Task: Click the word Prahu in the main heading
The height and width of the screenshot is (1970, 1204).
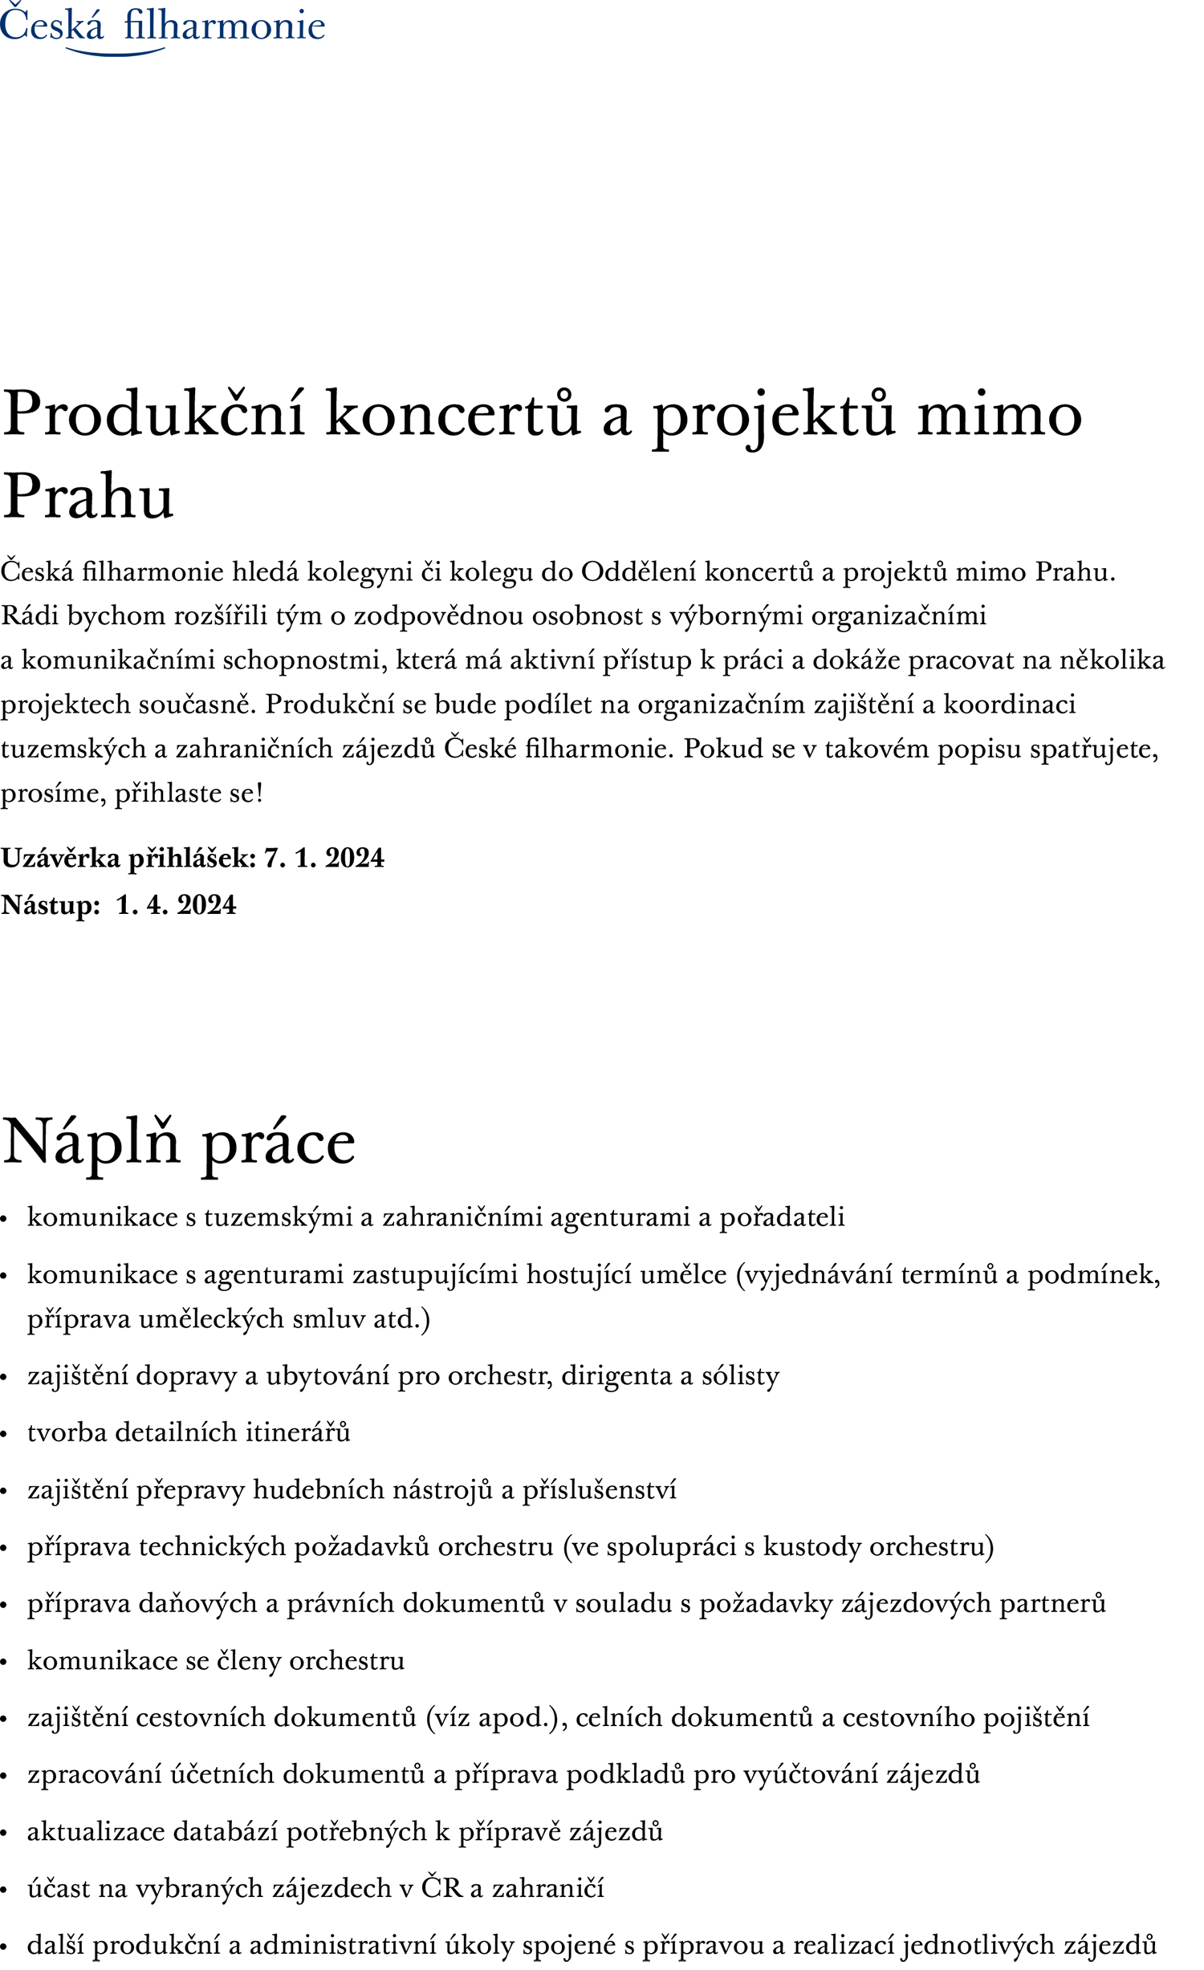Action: coord(87,497)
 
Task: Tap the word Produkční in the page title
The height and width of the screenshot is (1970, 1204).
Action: coord(153,414)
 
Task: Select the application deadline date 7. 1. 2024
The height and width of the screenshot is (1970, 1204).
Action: coord(324,858)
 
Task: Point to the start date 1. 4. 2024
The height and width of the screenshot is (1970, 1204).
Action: coord(176,904)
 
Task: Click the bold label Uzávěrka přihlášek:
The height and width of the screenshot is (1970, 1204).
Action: coord(128,858)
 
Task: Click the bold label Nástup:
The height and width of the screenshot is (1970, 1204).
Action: coord(51,904)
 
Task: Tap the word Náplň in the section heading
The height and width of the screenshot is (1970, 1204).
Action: coord(91,1141)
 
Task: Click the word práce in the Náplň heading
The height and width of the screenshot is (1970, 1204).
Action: coord(278,1143)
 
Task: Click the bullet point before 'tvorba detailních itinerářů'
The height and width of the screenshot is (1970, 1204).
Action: coord(5,1435)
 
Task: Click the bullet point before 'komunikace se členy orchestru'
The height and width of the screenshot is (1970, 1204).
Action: coord(5,1663)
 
